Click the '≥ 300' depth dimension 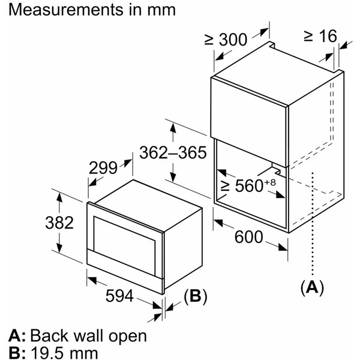226,40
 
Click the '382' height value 59,223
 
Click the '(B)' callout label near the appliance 196,295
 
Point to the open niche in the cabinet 252,192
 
